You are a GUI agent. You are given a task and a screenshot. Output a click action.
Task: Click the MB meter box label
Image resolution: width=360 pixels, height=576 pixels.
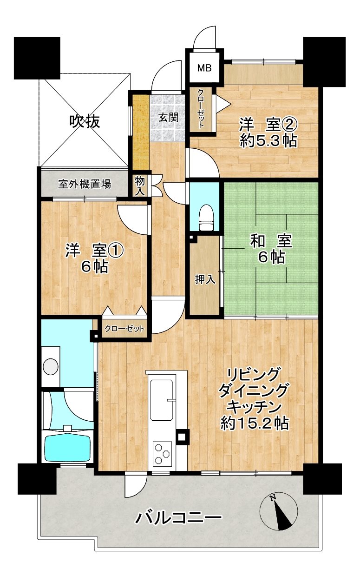point(204,68)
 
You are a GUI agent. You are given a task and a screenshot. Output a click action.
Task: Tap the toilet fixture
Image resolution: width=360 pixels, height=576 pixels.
point(206,217)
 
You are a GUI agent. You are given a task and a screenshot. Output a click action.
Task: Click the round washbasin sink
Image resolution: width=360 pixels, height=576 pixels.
point(50,366)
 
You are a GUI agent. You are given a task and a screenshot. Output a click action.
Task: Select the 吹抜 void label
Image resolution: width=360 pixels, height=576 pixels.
point(85,121)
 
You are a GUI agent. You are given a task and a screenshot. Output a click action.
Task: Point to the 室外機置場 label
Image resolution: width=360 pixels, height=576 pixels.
point(85,184)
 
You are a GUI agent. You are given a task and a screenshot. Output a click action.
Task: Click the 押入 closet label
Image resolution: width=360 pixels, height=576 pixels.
point(205,279)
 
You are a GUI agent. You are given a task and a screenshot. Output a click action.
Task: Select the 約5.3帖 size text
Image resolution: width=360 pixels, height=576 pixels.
point(268,141)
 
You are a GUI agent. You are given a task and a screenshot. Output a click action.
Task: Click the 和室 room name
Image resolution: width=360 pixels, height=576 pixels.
point(271,241)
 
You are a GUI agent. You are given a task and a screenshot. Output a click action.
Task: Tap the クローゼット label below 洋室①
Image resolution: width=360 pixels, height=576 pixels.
point(124,329)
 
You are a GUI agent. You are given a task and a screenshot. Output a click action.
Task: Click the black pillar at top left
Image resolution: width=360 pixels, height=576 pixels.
point(37,58)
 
